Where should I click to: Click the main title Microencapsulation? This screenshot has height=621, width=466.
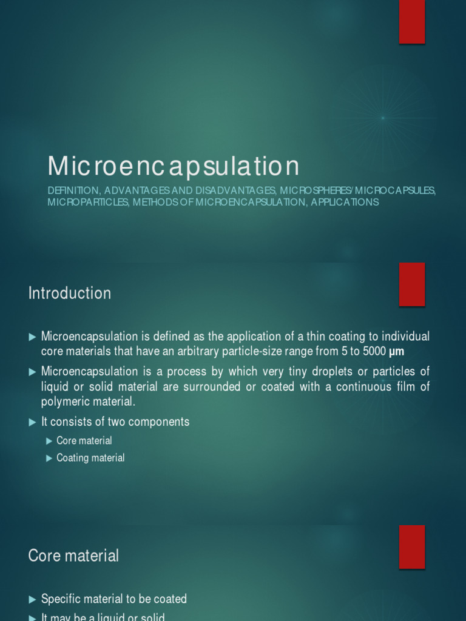(x=174, y=166)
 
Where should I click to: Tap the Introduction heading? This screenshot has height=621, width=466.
(x=70, y=294)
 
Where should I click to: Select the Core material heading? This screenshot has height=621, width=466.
(x=73, y=556)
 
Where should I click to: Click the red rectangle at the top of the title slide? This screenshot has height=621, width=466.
(x=411, y=21)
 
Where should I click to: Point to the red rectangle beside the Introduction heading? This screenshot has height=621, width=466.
(x=411, y=284)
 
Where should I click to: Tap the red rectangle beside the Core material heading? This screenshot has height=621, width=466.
(x=411, y=546)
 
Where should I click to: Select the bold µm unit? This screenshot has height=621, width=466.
(x=396, y=352)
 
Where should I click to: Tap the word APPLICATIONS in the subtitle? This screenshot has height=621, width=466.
(x=345, y=202)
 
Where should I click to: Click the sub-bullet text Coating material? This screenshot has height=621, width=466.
(x=90, y=458)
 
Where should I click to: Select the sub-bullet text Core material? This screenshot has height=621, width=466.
(x=84, y=440)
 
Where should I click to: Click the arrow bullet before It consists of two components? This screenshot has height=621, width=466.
(x=32, y=422)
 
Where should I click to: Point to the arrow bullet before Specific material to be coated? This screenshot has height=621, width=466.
(x=32, y=599)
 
